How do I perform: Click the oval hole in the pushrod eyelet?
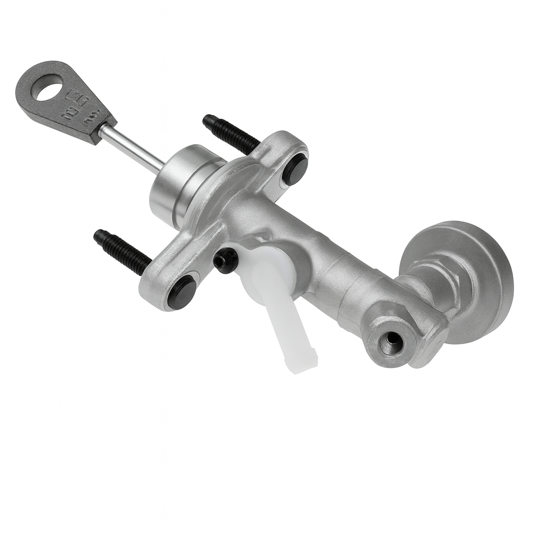[48, 89]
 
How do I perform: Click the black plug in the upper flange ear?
[296, 169]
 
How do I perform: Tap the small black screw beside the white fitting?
[224, 260]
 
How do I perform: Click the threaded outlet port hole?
[392, 343]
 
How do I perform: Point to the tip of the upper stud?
[207, 119]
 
